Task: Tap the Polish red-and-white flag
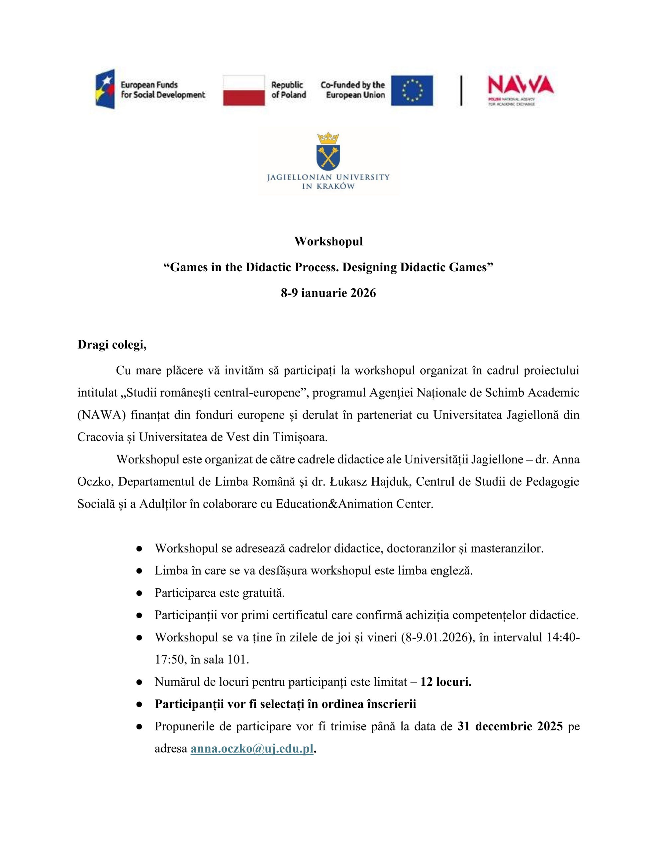pos(244,90)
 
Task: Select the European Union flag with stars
pos(412,90)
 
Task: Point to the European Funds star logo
pos(106,89)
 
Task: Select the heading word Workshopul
pos(328,241)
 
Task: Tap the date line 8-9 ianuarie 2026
pos(328,293)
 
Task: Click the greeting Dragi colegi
pos(112,345)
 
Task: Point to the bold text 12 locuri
pos(446,682)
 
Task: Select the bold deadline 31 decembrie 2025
pos(510,726)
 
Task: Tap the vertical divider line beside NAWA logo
pos(461,90)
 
